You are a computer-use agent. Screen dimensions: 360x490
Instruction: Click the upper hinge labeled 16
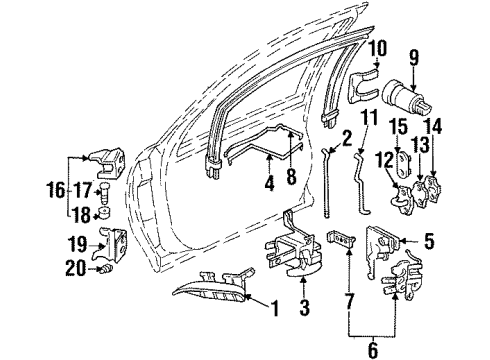(x=103, y=168)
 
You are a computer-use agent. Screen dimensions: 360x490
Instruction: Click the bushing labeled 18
(x=106, y=212)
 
